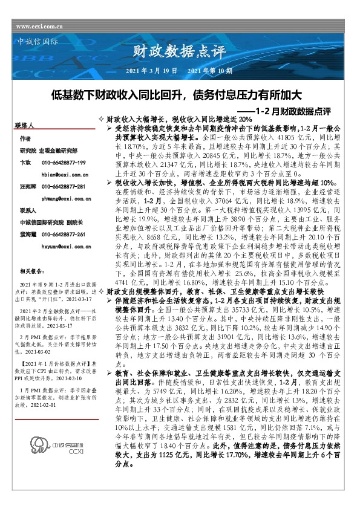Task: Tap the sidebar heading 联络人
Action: (x=25, y=126)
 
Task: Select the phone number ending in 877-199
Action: (x=64, y=163)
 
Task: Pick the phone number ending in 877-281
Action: (x=64, y=187)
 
